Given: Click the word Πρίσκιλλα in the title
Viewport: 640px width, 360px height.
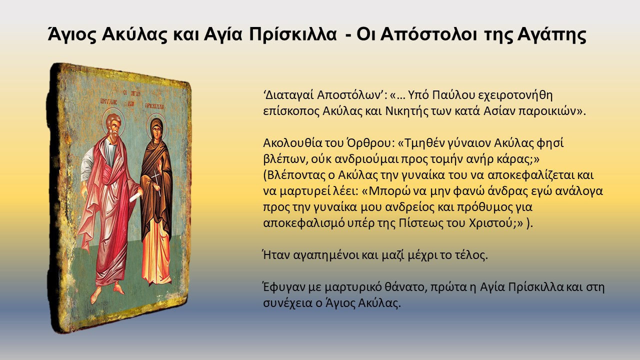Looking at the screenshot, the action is click(x=293, y=35).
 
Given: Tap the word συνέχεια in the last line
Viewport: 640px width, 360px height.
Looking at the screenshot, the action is click(x=287, y=303).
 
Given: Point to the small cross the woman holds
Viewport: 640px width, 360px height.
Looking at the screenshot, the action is click(x=156, y=182).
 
